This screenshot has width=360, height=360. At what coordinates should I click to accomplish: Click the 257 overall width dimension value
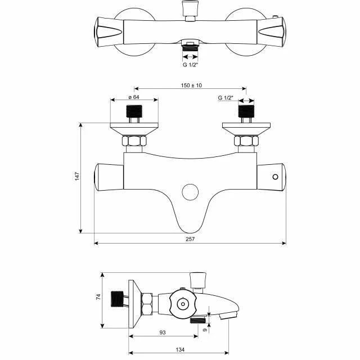pos(190,239)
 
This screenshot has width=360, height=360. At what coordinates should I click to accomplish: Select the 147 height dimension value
pos(77,176)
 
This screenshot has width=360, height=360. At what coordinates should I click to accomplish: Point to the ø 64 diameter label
pos(134,97)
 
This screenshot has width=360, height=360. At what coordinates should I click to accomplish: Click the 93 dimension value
pos(163,332)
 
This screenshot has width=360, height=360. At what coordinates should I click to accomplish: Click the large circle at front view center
pos(191,192)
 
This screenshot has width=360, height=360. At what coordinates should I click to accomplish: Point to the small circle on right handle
pos(275,177)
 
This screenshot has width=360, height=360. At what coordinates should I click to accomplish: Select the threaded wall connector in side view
pos(118,299)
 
